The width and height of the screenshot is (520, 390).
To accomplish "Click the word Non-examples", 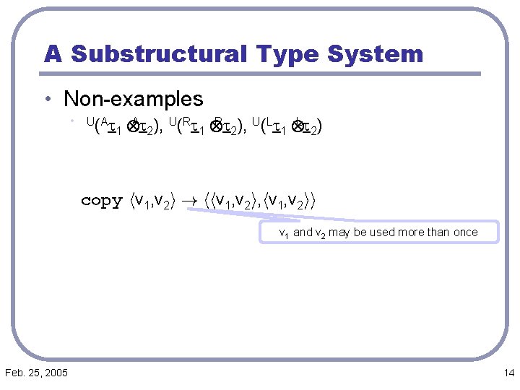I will pos(134,99).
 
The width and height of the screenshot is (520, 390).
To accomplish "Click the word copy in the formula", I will pos(101,201).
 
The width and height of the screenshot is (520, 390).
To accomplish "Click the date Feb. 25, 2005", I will pos(36,373).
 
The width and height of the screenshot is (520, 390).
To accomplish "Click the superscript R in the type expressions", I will pos(186,123).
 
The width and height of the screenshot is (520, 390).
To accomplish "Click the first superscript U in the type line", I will pos(90,123).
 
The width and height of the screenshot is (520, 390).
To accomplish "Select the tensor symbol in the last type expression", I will pos(296,128).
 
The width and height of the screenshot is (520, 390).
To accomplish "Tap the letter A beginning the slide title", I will pos(53,54).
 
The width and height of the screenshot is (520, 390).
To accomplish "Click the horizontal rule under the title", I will pos(260,74).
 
